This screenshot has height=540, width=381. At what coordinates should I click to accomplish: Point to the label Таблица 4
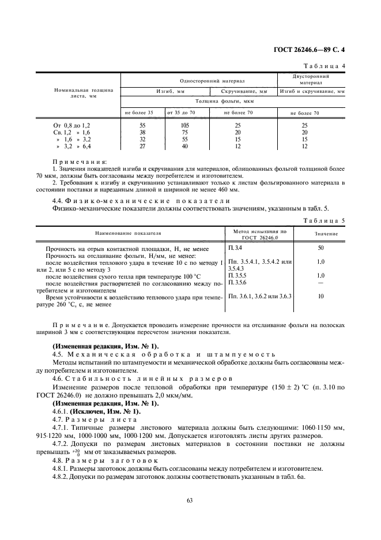tap(324, 66)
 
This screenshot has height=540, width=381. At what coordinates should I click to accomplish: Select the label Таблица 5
tap(324, 220)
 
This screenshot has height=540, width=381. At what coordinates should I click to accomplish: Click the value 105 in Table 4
tap(185, 125)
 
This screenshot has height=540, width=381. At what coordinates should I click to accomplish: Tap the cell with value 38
tap(142, 132)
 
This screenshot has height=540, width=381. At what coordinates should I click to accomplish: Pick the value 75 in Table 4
tap(185, 132)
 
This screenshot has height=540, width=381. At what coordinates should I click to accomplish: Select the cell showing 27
tap(142, 146)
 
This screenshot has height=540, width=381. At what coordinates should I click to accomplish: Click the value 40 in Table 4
tap(185, 146)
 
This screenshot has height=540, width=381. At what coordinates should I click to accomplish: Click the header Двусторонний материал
tap(311, 79)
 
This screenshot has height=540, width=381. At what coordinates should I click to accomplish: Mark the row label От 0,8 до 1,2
tap(72, 125)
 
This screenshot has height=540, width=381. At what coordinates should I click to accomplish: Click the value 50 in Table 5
tap(321, 247)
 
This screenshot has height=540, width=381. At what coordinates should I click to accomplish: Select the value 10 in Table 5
tap(321, 296)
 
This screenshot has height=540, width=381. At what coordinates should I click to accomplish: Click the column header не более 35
tap(139, 112)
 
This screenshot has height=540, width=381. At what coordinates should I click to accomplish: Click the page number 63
tap(190, 500)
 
